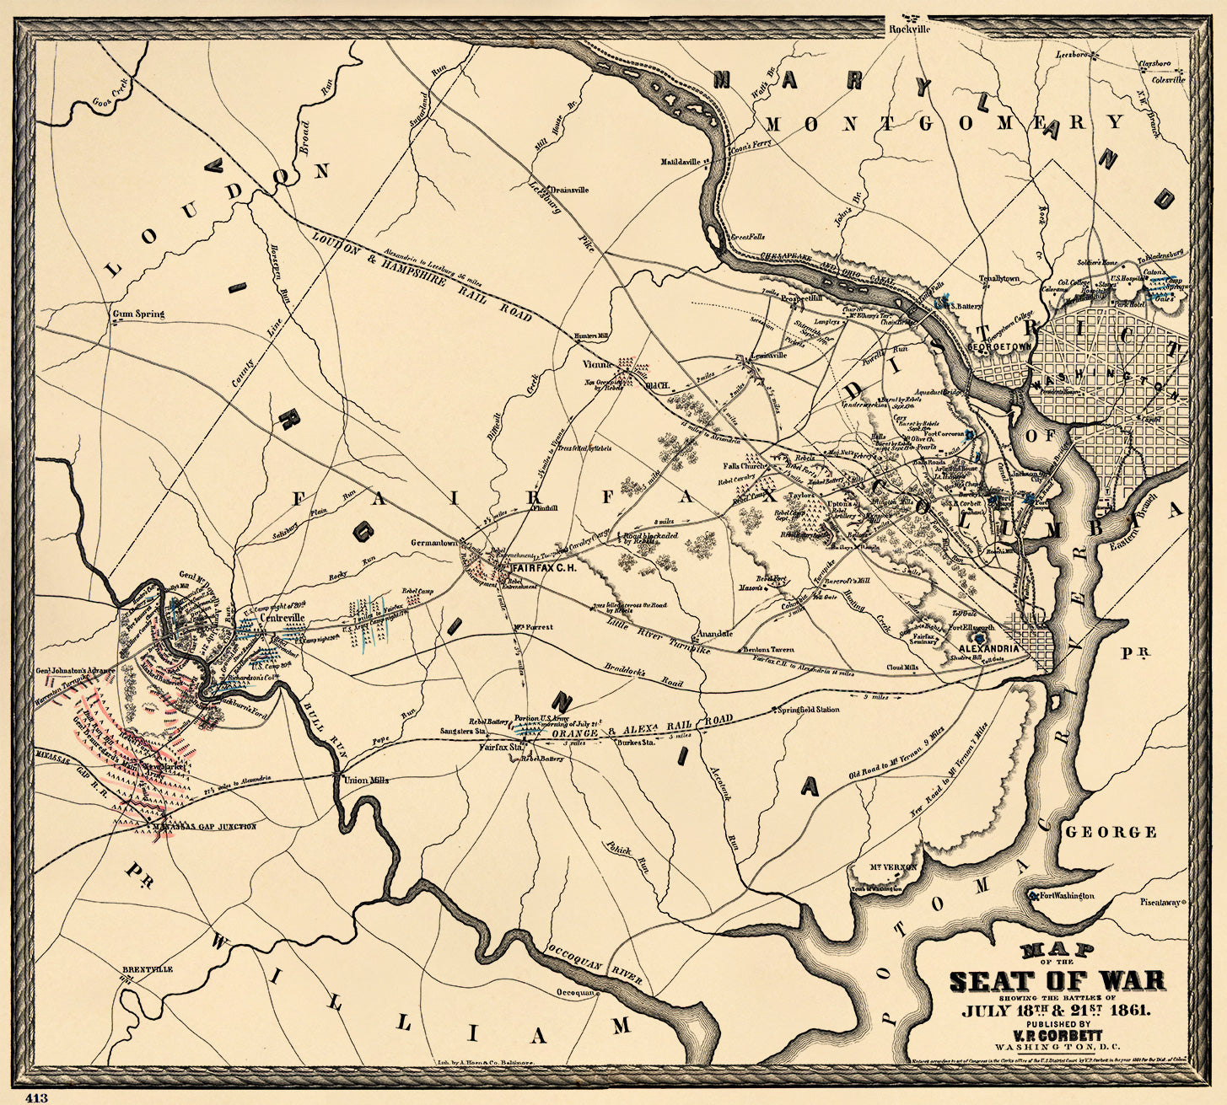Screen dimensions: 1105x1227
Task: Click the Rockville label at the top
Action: pos(910,29)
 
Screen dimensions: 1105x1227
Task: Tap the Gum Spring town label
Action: pos(138,314)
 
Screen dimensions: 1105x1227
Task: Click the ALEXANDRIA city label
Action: pos(988,648)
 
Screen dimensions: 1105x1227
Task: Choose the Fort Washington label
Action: pos(1066,895)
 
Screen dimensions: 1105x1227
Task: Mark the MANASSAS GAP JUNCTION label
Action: pos(205,827)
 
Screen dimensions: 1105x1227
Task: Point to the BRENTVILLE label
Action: pos(148,969)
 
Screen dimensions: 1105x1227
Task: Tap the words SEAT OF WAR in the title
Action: pos(1057,981)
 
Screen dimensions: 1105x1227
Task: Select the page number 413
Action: pos(37,1097)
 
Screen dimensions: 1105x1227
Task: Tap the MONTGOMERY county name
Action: pos(944,123)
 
